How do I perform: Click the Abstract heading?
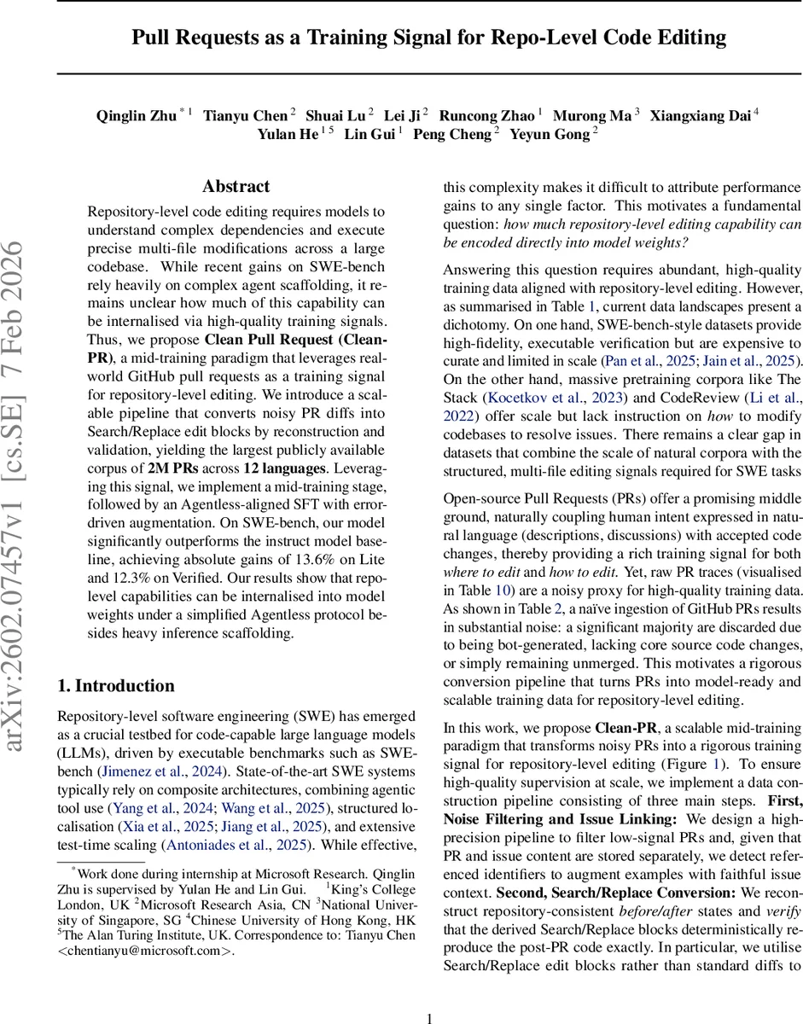point(236,187)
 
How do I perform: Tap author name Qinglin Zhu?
point(137,115)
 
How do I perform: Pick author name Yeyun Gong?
point(549,134)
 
